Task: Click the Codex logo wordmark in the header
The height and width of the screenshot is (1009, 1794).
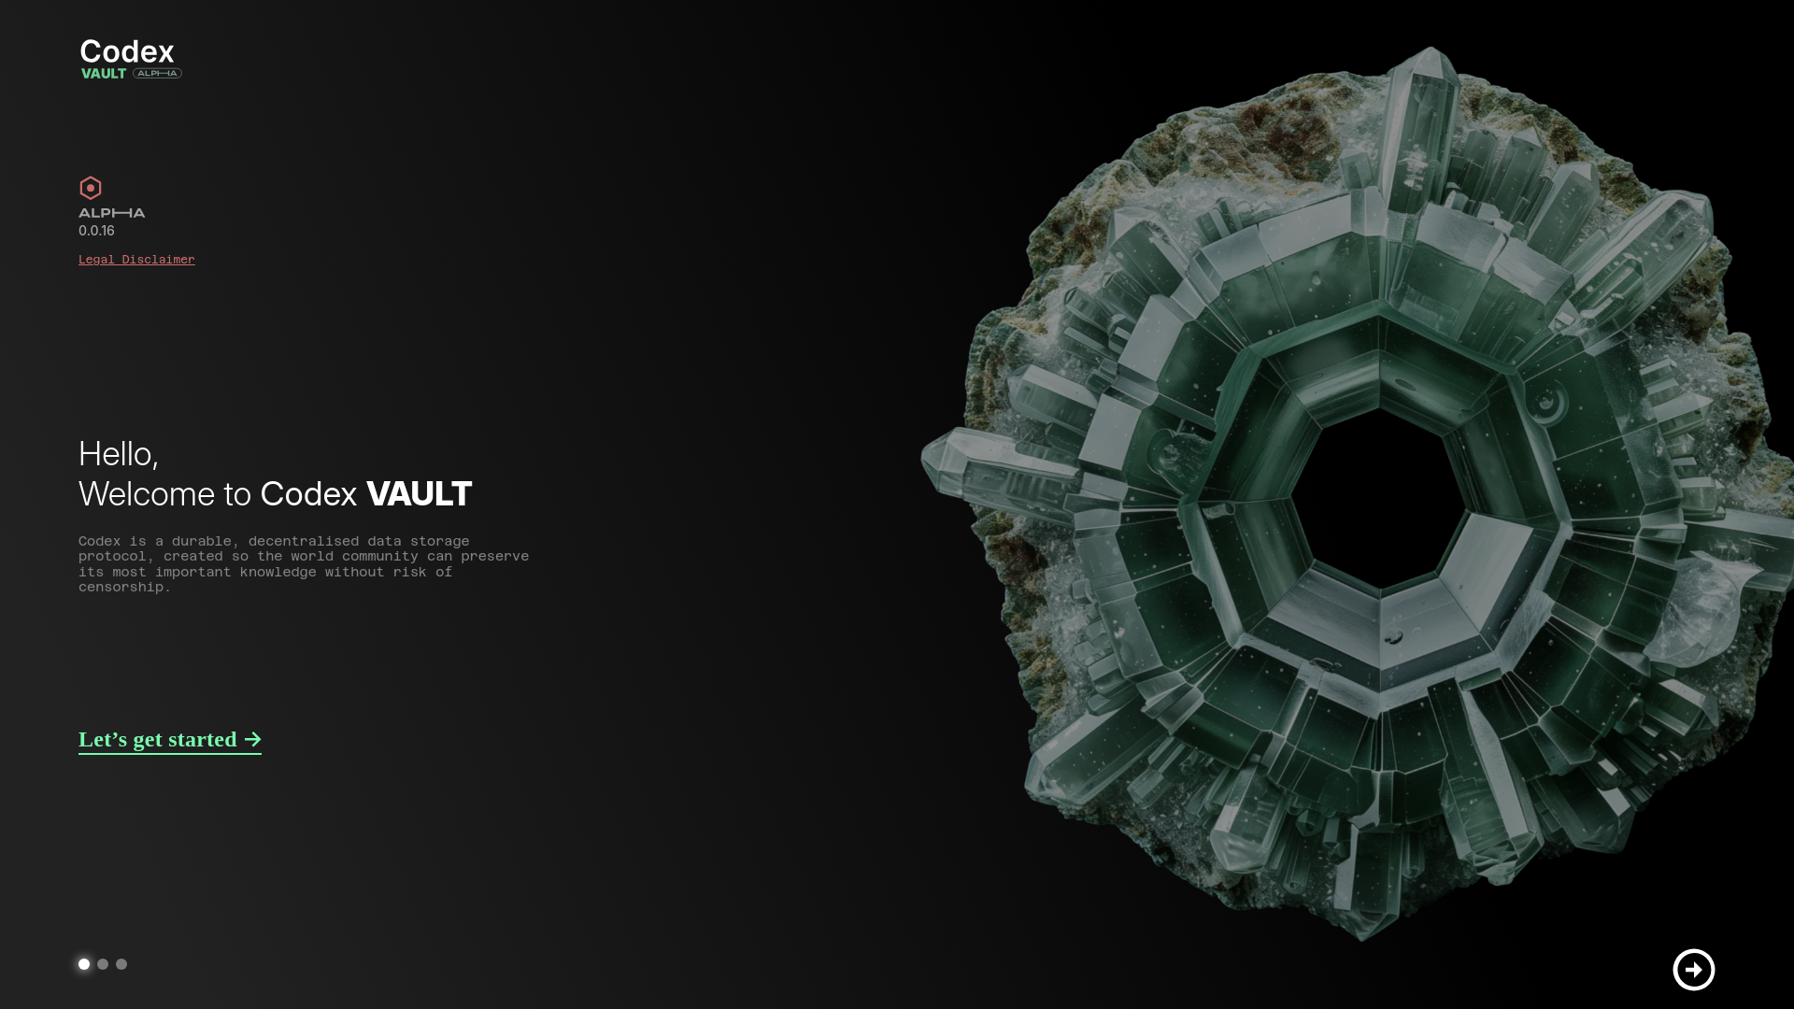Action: (x=127, y=51)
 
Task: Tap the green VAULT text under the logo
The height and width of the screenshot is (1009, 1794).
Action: (x=104, y=74)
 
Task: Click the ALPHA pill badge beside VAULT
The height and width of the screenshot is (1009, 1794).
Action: (x=157, y=73)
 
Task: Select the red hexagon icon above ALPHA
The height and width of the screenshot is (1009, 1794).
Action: (x=91, y=188)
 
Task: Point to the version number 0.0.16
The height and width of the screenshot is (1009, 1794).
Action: (x=96, y=231)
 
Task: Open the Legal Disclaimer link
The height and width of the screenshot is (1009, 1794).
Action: (x=136, y=260)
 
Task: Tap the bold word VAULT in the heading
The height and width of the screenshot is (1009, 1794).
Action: (x=420, y=494)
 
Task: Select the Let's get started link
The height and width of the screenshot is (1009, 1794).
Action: (x=170, y=740)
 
